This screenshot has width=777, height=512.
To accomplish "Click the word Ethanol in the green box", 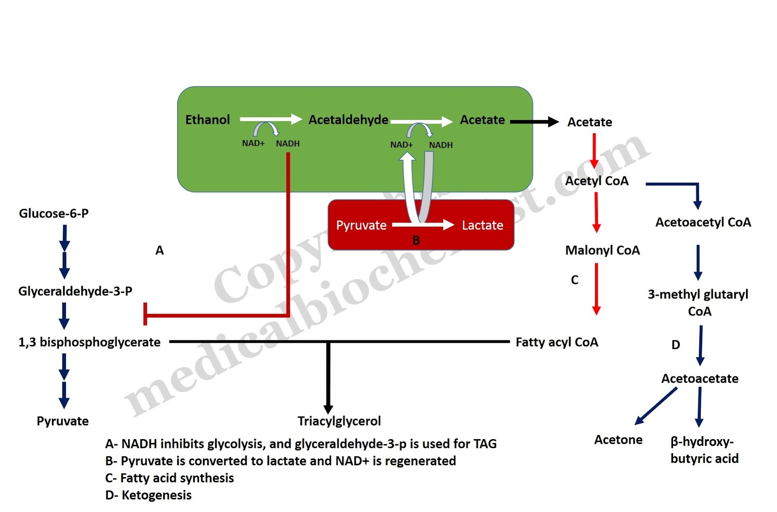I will click(207, 120).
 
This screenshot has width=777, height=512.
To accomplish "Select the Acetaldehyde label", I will click(348, 120).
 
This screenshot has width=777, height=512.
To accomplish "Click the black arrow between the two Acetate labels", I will click(534, 122).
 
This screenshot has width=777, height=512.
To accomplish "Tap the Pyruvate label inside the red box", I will click(361, 226).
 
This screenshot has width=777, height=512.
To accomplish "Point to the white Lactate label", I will click(482, 226).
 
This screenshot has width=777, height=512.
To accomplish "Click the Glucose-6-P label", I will click(53, 213).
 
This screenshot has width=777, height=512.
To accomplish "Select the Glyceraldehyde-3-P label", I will click(75, 291).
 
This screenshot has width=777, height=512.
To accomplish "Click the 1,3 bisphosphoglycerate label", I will click(89, 342).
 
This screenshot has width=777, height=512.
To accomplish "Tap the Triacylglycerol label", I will click(339, 421).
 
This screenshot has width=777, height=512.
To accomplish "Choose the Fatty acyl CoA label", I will click(557, 342).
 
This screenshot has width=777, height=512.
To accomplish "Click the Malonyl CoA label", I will click(602, 250).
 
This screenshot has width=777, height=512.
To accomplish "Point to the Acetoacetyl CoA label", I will click(703, 222).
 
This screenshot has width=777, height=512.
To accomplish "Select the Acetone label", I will click(618, 440).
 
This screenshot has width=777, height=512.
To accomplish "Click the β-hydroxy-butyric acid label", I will click(704, 450).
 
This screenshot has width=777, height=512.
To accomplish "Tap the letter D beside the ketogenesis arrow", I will click(676, 345).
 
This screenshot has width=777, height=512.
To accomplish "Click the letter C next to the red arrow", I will click(574, 280).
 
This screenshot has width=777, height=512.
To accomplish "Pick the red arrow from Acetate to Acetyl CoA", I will click(594, 151).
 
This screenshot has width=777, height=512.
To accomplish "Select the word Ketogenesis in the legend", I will click(156, 495).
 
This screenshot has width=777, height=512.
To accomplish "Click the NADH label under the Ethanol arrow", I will click(287, 143).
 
